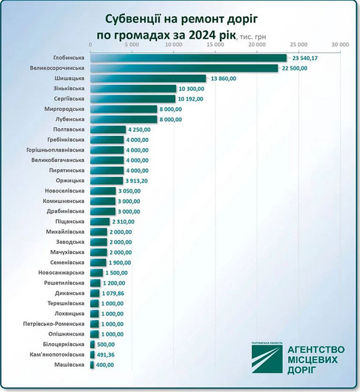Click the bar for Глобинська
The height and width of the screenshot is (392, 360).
point(188,58)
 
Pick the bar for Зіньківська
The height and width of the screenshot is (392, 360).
point(133,89)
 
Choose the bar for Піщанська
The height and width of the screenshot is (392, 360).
point(100,221)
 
